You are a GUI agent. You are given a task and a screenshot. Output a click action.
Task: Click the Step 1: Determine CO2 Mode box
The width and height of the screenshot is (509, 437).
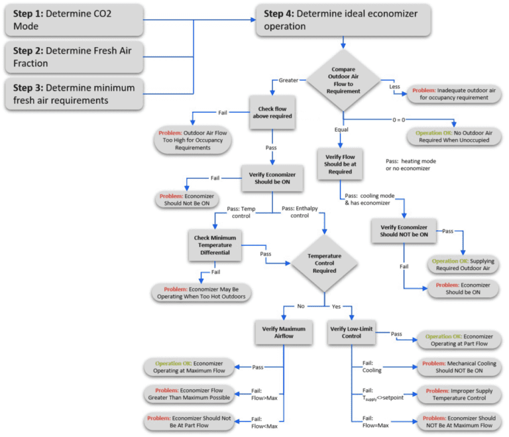tap(74, 20)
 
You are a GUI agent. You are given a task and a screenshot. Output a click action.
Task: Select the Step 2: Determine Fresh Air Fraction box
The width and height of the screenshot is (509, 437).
tap(74, 58)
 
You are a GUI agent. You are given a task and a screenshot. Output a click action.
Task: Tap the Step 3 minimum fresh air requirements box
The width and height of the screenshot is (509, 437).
tap(74, 95)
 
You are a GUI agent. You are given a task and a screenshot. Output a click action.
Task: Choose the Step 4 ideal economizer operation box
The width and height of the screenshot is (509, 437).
tap(343, 20)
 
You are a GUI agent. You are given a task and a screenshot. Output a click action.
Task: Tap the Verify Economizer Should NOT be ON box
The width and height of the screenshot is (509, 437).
tap(404, 229)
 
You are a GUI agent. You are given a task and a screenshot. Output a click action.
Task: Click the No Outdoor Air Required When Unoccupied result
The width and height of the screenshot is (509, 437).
tap(454, 136)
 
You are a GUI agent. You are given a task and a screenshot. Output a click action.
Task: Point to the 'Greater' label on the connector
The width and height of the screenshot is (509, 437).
tap(290, 80)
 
